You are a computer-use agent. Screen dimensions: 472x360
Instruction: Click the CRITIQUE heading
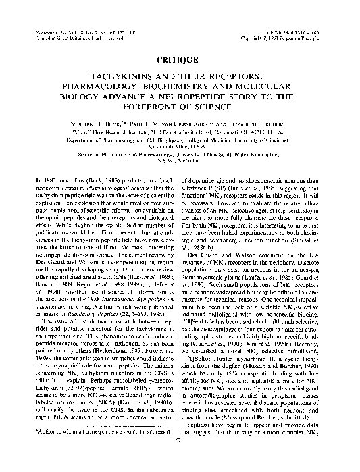180,59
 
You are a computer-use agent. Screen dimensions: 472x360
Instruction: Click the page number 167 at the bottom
180,461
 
